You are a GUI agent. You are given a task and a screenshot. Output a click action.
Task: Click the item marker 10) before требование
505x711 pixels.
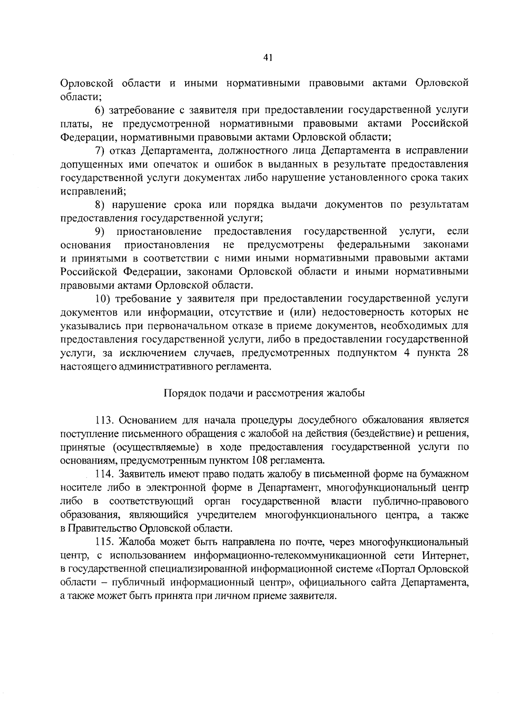pos(102,299)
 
